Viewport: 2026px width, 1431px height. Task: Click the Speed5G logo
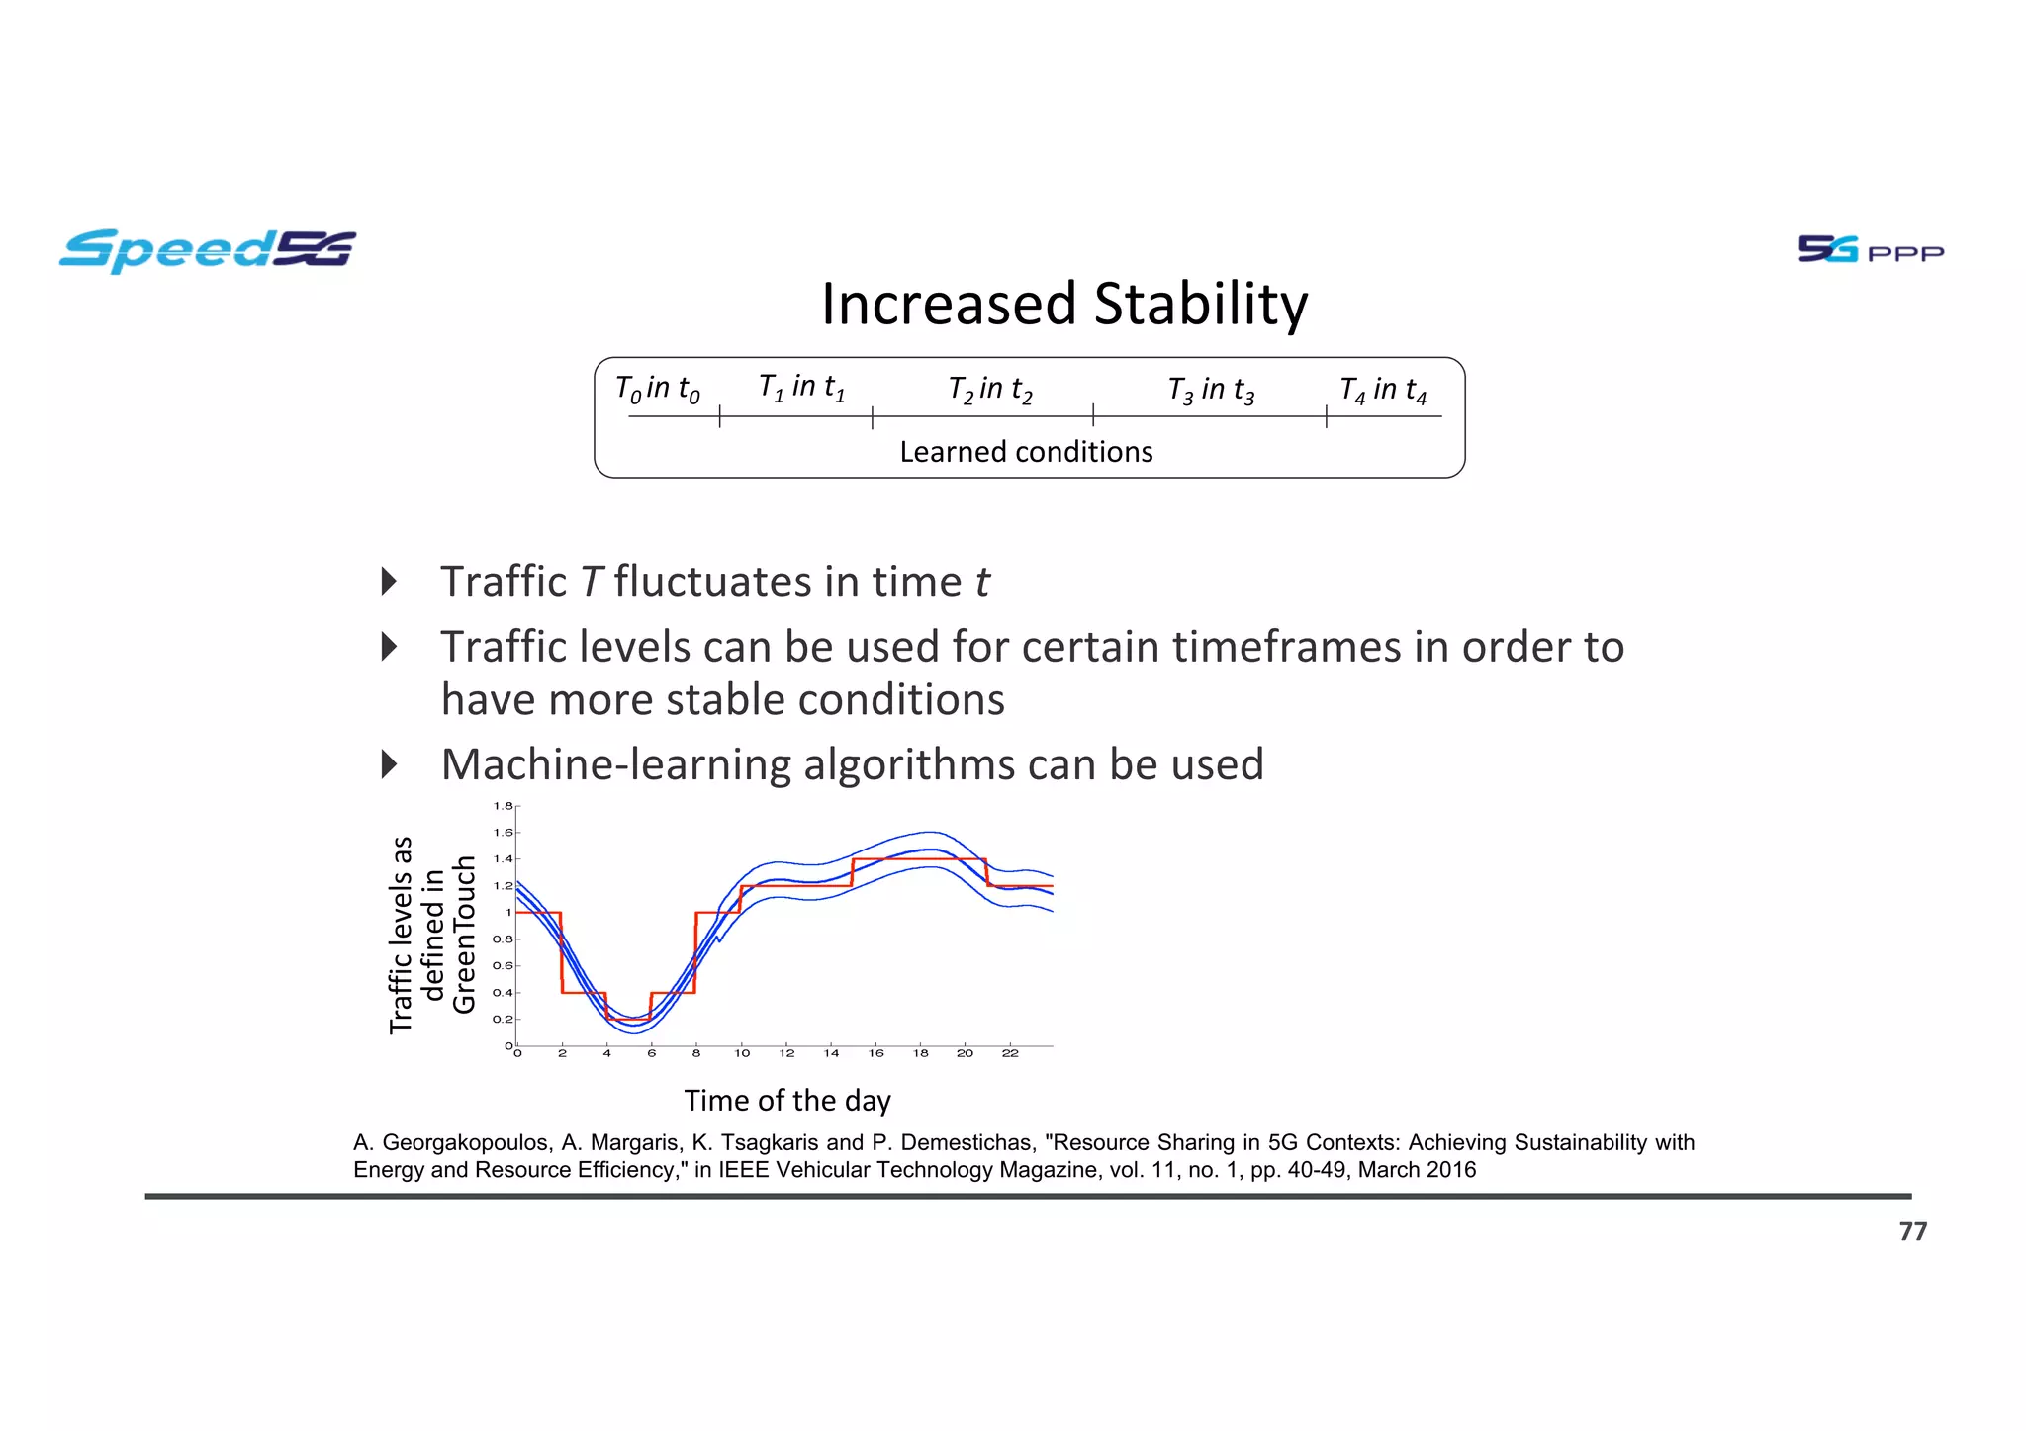point(208,250)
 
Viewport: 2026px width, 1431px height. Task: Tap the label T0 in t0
point(657,389)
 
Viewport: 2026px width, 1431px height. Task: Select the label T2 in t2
point(989,390)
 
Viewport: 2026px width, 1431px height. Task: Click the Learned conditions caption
point(1026,452)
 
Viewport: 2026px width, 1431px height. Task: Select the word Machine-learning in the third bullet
point(615,764)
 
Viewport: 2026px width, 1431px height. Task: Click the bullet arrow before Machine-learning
point(389,764)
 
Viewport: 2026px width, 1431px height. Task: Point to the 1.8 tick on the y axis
point(503,806)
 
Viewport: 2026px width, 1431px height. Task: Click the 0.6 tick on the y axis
point(503,966)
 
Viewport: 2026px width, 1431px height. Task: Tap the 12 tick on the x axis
point(786,1054)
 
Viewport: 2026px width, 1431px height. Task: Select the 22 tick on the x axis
point(1009,1054)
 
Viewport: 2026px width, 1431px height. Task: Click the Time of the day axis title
point(787,1101)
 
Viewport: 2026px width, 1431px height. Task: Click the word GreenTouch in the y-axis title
point(464,935)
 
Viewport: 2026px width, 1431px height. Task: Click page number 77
point(1912,1231)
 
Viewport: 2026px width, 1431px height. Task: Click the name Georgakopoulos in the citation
point(465,1143)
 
